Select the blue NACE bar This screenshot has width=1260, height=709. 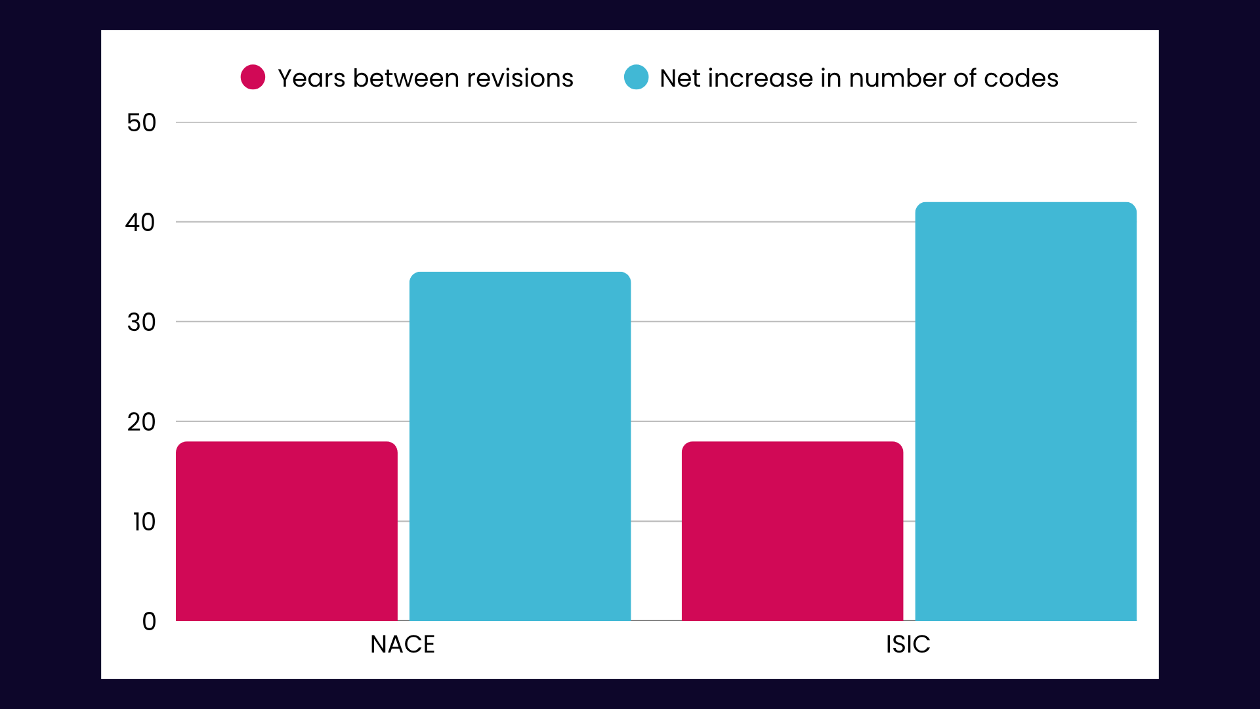tap(520, 446)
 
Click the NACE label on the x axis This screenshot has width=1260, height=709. tap(402, 644)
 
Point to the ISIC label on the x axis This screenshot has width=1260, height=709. tap(908, 644)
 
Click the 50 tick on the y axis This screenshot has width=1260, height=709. tap(142, 123)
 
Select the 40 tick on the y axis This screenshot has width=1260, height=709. tap(140, 223)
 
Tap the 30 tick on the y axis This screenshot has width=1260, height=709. tap(142, 322)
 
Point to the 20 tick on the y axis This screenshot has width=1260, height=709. tap(142, 422)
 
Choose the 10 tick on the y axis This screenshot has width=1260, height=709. tap(144, 522)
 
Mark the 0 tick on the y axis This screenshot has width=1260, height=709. tap(149, 622)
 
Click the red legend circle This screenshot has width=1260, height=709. tap(253, 77)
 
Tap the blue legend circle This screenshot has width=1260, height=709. tap(636, 77)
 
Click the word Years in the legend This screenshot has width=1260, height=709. tap(311, 78)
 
